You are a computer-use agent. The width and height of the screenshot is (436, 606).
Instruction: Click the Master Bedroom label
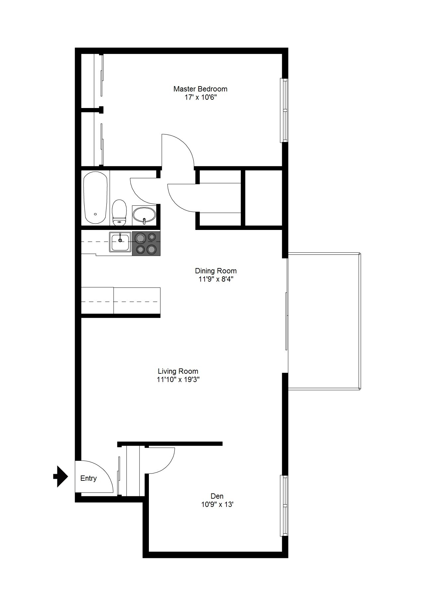(x=200, y=89)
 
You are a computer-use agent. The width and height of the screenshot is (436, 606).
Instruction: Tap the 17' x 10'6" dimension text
(x=200, y=98)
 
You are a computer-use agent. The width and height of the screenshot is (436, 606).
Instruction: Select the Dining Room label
(x=216, y=271)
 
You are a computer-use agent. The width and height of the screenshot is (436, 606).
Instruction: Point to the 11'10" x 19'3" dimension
(x=178, y=380)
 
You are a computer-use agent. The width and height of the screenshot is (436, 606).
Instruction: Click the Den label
(x=217, y=496)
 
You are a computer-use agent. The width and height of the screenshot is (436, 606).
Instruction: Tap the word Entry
(x=89, y=478)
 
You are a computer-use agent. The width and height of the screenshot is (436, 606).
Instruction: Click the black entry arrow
(x=61, y=476)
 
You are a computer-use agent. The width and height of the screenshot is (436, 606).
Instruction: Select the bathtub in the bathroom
(x=95, y=198)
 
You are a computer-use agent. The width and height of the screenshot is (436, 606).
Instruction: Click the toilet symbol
(x=119, y=212)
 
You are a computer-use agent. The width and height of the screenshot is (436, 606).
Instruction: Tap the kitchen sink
(x=120, y=242)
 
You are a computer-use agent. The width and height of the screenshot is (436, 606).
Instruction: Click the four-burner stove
(x=146, y=244)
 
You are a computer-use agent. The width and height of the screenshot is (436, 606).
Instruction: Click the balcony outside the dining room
(x=324, y=321)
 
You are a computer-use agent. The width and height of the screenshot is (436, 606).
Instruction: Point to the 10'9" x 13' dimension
(x=217, y=505)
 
